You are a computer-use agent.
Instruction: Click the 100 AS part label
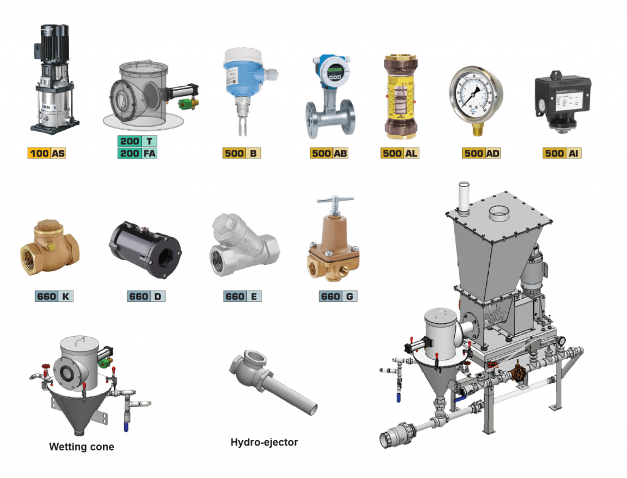[47, 153]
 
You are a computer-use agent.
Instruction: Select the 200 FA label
[138, 153]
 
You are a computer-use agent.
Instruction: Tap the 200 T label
[138, 141]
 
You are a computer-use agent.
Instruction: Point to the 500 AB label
[329, 153]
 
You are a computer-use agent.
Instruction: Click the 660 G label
[338, 297]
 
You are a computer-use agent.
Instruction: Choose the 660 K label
[54, 297]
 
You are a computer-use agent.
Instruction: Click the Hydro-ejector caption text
[264, 442]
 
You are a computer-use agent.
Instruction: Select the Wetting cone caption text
[81, 447]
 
